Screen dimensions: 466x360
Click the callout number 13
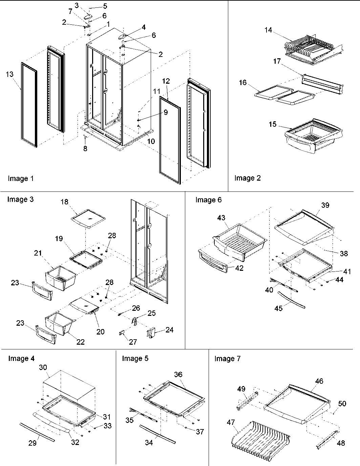pos(10,74)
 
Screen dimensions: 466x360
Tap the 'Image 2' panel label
pos(248,178)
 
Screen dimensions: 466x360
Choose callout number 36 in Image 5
pos(178,374)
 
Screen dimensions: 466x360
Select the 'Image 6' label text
pos(208,200)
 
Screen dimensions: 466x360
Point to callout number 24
pos(169,330)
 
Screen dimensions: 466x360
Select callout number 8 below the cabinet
pos(85,148)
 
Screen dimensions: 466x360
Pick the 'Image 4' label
pos(21,359)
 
